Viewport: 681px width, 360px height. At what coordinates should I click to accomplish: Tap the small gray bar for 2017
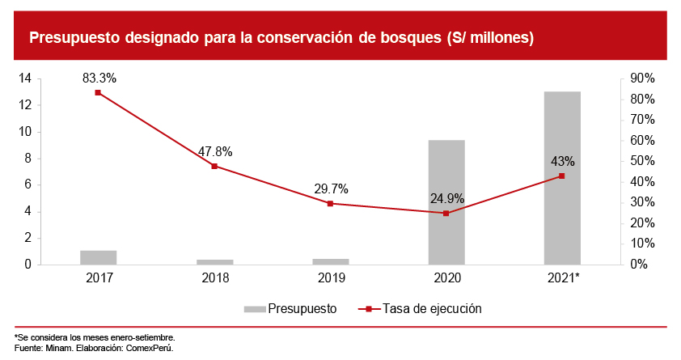click(x=99, y=257)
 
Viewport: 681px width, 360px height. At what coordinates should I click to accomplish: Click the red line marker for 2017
click(x=99, y=92)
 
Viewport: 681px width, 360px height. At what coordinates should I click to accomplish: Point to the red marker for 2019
click(x=331, y=203)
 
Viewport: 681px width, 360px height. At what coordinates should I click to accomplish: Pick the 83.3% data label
click(x=99, y=78)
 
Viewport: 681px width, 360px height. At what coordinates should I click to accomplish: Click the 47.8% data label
click(x=215, y=152)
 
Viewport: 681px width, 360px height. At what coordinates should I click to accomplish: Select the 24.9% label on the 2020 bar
click(x=446, y=198)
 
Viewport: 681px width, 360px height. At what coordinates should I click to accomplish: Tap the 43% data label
click(x=562, y=161)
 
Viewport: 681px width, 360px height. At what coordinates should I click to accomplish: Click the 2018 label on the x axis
click(x=215, y=277)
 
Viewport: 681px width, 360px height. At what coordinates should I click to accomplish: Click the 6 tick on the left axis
click(x=27, y=184)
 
